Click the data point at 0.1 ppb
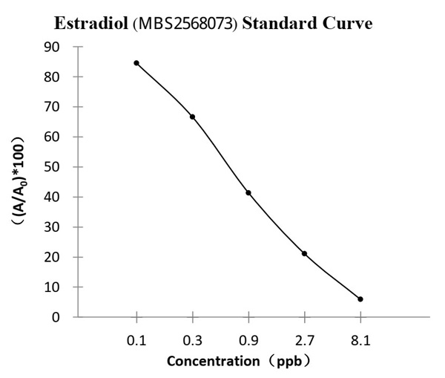136,63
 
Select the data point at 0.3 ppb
193,117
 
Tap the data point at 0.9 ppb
248,193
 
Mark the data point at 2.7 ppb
304,254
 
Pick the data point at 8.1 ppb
360,299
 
